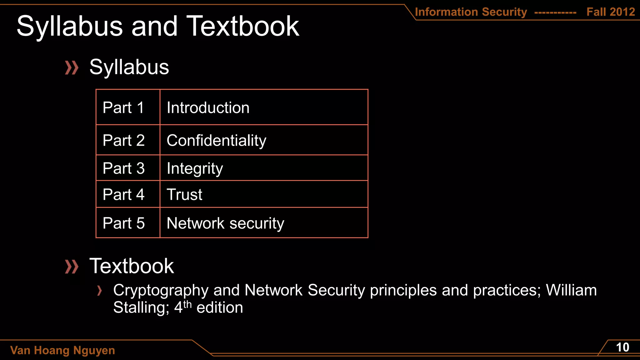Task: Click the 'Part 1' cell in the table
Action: (x=123, y=108)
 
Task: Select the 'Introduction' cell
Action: (x=208, y=108)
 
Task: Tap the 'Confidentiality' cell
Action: (x=216, y=140)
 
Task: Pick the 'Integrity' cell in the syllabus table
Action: (x=195, y=168)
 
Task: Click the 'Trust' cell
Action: (x=184, y=194)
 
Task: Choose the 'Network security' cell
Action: (x=225, y=223)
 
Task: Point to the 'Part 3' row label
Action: (x=123, y=168)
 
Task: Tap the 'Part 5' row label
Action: (x=123, y=223)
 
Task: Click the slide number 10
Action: (x=622, y=347)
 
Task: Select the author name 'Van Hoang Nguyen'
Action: (x=62, y=350)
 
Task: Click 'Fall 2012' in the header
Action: (x=611, y=12)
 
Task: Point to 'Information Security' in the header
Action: (x=471, y=12)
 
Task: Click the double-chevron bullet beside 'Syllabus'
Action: (x=72, y=68)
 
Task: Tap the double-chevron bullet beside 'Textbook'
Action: (x=72, y=267)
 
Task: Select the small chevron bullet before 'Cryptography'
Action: (x=99, y=291)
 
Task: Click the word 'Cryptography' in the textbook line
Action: (x=161, y=290)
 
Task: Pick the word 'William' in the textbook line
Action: (x=571, y=290)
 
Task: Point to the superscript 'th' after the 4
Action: (x=187, y=304)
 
